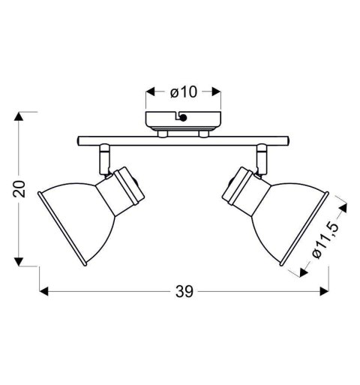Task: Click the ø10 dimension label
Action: [183, 92]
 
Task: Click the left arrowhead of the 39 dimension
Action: [43, 290]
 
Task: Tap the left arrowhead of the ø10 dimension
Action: [149, 92]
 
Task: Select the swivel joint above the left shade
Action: [103, 160]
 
